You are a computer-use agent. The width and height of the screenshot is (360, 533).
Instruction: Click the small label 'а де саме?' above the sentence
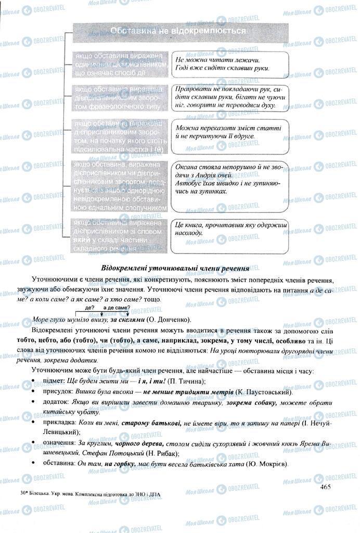(117, 309)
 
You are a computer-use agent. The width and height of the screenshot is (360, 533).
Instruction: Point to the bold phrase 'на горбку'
(120, 464)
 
